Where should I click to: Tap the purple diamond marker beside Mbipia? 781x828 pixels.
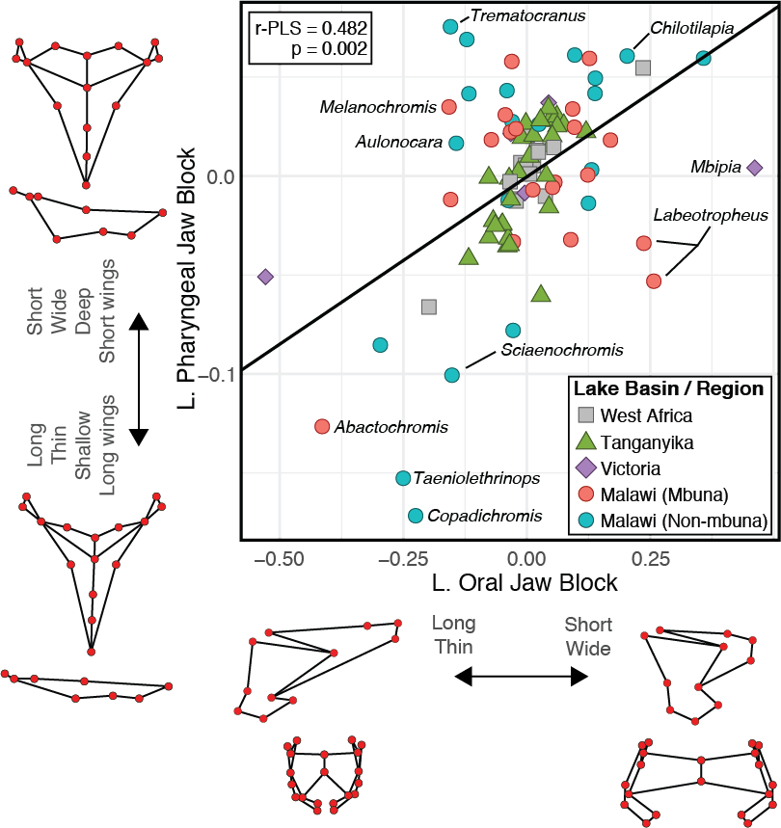tap(755, 168)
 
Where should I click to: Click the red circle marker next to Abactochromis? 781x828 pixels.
tap(322, 426)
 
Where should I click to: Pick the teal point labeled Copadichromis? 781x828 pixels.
tap(416, 516)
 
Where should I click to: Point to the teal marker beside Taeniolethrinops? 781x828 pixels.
tap(403, 478)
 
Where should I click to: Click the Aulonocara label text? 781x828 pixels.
tap(398, 142)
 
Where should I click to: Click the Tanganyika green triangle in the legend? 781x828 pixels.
tap(585, 442)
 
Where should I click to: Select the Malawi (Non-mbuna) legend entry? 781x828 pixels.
tap(683, 521)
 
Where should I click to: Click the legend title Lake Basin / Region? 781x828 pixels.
tap(668, 389)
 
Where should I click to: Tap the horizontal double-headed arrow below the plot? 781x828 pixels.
tap(521, 677)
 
